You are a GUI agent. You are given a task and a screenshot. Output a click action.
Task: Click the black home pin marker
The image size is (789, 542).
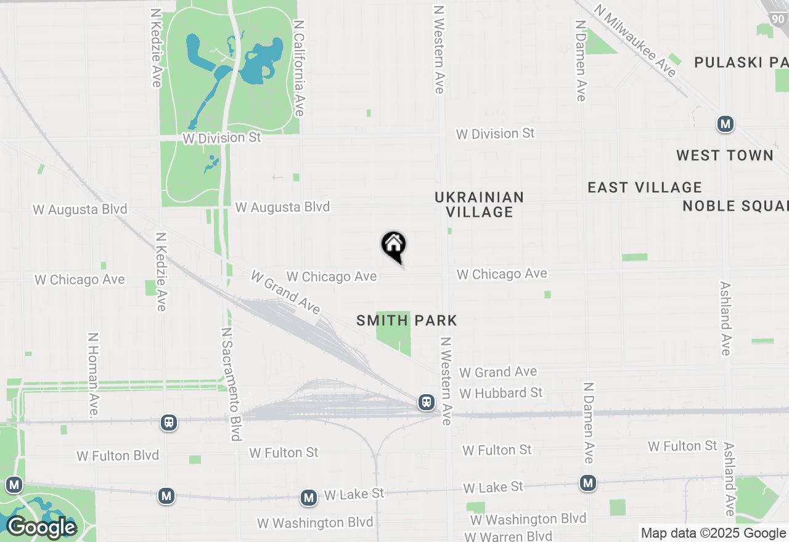click(394, 246)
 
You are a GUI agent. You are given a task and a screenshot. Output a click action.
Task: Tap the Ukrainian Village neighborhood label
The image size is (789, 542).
click(480, 204)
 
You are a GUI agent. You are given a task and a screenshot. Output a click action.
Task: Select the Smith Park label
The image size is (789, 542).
click(407, 320)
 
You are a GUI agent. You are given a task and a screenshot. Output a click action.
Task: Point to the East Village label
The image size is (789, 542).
click(645, 187)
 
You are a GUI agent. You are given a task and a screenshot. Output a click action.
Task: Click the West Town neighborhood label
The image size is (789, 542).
click(725, 155)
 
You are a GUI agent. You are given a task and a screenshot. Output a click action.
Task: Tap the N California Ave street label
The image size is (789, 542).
click(299, 68)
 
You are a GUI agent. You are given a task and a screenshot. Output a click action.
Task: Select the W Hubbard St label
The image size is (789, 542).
click(501, 392)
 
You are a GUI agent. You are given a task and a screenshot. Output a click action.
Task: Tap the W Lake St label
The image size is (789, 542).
click(354, 494)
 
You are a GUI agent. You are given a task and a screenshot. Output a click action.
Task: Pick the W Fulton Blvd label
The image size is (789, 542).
click(118, 456)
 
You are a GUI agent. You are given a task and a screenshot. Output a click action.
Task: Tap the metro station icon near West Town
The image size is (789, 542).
click(726, 124)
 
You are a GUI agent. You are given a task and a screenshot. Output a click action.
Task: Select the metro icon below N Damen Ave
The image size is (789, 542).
click(588, 483)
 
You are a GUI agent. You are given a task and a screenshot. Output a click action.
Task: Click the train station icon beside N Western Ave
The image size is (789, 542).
click(426, 402)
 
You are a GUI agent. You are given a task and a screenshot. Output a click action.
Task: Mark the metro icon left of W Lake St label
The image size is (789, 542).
click(309, 498)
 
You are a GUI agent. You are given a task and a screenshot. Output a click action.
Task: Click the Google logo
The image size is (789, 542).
click(41, 528)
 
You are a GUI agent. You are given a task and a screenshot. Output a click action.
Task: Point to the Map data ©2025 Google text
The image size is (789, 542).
click(713, 533)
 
